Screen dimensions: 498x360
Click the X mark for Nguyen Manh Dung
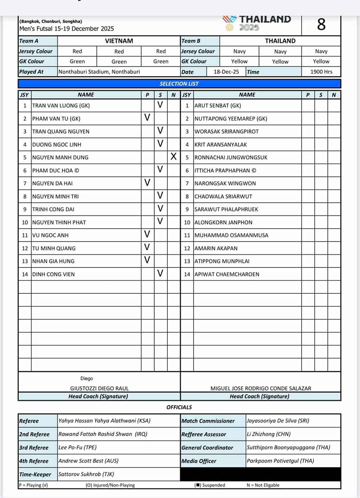point(174,157)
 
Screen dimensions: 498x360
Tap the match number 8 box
point(321,25)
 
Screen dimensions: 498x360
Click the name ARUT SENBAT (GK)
point(217,106)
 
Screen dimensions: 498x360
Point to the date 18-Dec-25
point(226,72)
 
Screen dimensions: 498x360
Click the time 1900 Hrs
point(321,72)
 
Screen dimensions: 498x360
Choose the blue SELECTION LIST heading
point(179,84)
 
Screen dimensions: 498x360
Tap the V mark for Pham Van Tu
point(147,117)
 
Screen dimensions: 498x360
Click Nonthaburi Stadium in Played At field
point(99,72)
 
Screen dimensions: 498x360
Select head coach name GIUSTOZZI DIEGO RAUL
point(99,388)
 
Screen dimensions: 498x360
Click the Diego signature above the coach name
point(87,378)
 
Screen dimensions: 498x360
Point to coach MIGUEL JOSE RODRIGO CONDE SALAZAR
point(261,388)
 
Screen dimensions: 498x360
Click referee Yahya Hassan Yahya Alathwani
point(104,421)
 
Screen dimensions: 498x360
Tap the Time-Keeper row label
point(35,474)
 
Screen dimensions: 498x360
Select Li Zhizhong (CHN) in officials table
point(269,434)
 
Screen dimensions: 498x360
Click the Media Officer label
point(199,461)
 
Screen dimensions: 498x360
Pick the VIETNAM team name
point(119,41)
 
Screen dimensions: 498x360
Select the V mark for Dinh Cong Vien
point(160,274)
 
